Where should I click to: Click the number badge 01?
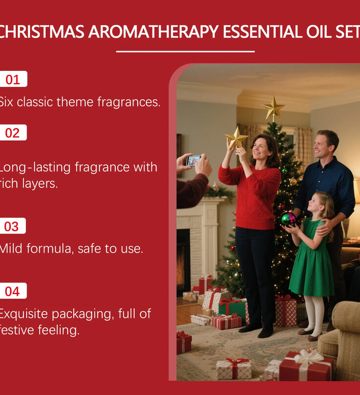point(13,79)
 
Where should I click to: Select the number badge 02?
point(12,133)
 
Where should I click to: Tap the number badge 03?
point(12,226)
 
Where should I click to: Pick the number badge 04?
point(12,291)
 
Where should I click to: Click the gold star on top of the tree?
point(273,108)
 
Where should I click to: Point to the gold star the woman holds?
point(236,138)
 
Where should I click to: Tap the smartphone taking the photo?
point(194,160)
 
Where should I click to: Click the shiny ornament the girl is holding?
point(288,219)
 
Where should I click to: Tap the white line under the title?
point(185,52)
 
